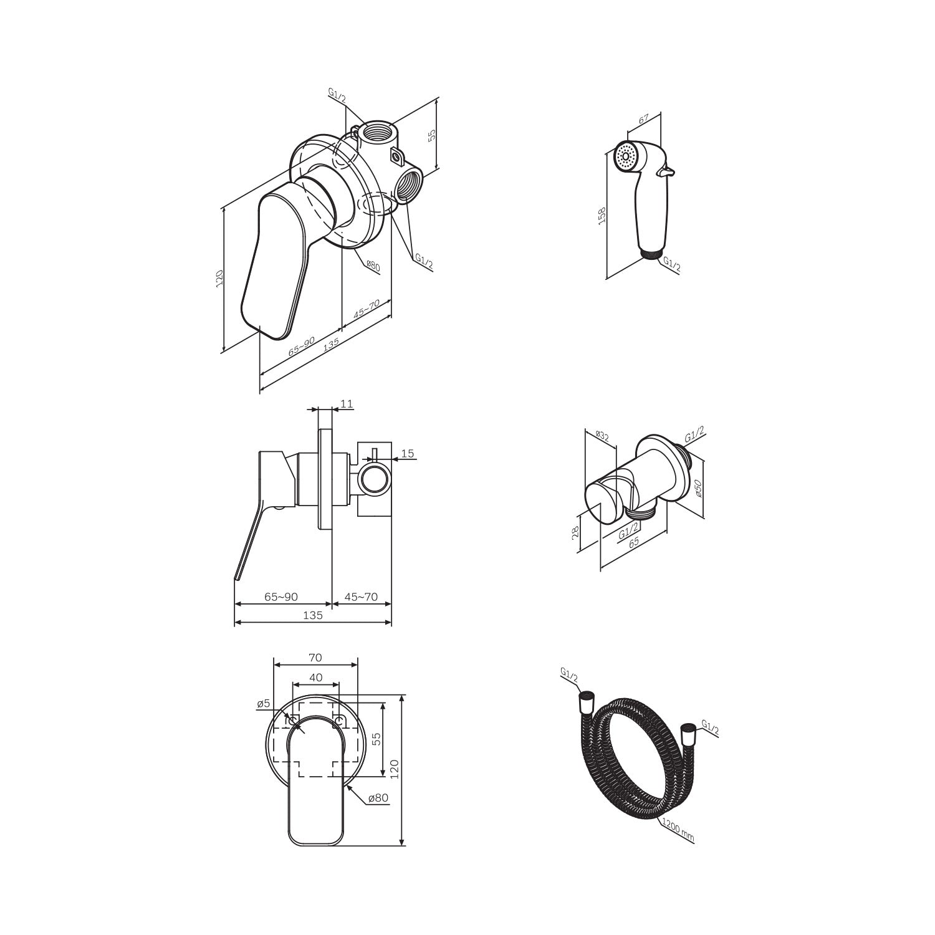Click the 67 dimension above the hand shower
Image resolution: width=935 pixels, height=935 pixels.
coord(644,118)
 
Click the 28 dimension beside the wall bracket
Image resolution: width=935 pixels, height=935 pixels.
coord(576,531)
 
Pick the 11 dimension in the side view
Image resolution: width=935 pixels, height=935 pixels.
coord(347,404)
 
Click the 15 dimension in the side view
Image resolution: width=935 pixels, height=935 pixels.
coord(408,453)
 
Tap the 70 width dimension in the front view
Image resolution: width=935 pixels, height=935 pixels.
coord(315,657)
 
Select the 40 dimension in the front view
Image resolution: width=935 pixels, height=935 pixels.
coord(315,677)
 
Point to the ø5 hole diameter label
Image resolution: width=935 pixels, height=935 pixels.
coord(263,704)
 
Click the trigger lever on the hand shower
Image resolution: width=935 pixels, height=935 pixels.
coord(669,170)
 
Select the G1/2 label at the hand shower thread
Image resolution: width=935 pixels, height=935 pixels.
coord(672,264)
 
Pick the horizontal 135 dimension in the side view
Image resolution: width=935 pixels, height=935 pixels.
coord(313,615)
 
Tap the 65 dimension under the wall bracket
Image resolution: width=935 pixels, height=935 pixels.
coord(633,543)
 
